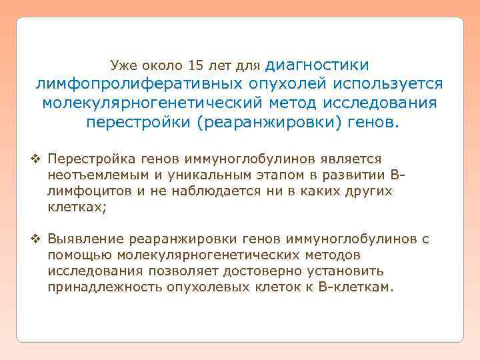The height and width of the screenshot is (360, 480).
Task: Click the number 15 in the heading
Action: pos(198,66)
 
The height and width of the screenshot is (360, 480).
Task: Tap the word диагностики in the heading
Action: pos(317,65)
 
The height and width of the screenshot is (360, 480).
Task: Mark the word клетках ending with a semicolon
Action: pos(77,207)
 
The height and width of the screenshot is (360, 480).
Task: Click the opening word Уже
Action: pos(123,66)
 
